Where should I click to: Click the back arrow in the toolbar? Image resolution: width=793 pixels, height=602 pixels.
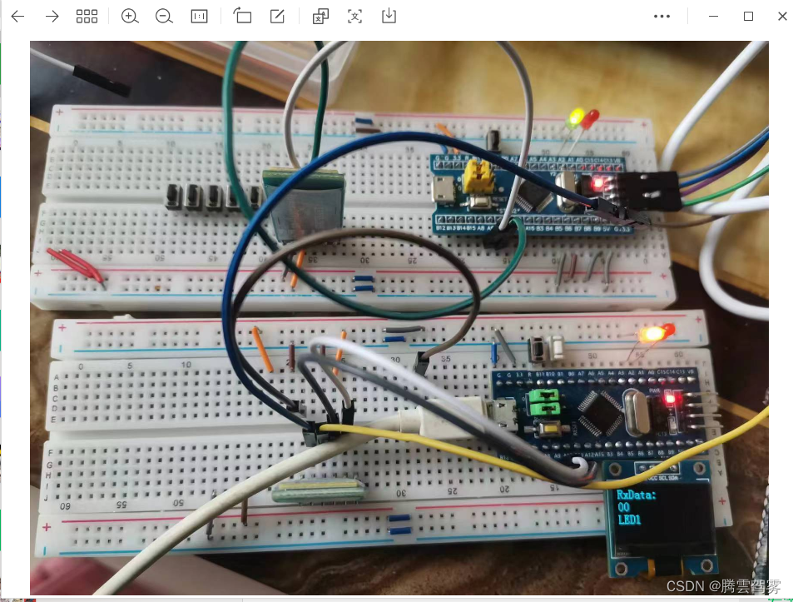(x=17, y=16)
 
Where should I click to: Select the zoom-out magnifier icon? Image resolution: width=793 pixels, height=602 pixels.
(x=164, y=16)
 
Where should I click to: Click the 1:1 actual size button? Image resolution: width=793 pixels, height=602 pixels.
(x=199, y=16)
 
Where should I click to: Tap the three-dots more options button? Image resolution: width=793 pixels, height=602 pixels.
(x=662, y=16)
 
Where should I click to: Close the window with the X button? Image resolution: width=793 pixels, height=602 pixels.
(x=782, y=16)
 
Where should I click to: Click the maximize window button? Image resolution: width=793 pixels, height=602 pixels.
(x=748, y=16)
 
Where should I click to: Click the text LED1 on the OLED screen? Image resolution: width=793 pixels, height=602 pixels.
(x=630, y=520)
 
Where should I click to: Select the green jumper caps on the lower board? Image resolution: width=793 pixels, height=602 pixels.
(x=541, y=405)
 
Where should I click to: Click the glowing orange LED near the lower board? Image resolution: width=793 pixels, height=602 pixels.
(x=651, y=334)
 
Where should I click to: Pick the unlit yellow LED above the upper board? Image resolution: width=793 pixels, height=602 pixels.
(x=574, y=119)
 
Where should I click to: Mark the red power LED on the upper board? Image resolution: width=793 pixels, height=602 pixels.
(x=597, y=182)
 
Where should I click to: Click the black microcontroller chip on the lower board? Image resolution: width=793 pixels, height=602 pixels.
(x=602, y=407)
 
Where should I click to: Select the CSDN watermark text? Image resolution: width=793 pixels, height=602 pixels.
(x=724, y=587)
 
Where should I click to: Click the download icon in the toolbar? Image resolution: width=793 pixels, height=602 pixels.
(x=389, y=16)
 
